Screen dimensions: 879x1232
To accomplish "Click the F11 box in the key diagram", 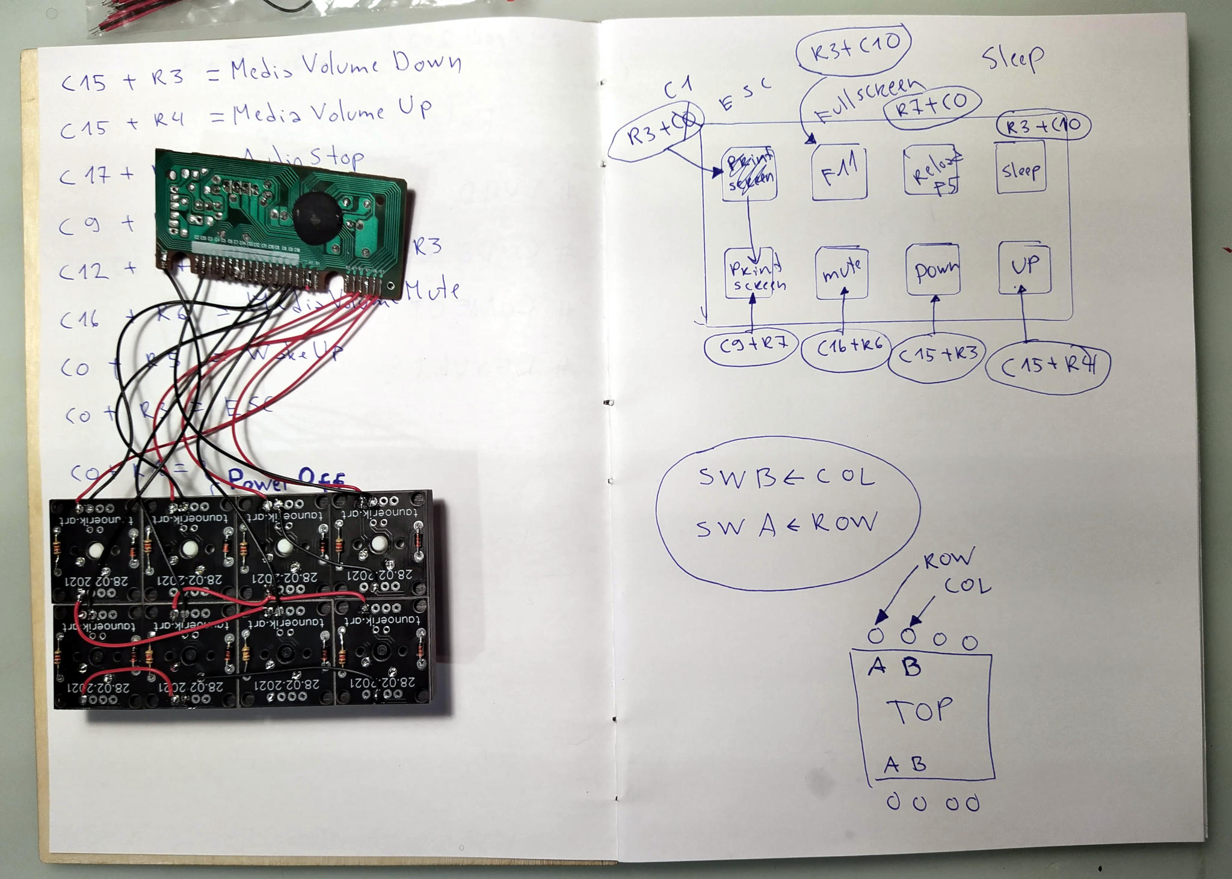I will (839, 173).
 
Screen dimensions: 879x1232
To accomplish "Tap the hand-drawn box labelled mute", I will (842, 273).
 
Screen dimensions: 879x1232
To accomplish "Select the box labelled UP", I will (1024, 268).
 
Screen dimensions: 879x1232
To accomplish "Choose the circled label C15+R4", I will (1048, 366).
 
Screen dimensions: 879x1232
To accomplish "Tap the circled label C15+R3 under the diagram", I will (936, 356).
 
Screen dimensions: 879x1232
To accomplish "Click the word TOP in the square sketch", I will (920, 711).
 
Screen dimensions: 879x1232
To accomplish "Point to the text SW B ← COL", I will (786, 477).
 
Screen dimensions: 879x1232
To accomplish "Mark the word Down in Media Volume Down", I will (427, 62).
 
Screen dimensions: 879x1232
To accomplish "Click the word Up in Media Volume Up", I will (414, 108).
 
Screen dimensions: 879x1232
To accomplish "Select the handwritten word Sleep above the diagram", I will (1012, 58).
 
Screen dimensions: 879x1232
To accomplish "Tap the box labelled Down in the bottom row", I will (933, 271).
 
